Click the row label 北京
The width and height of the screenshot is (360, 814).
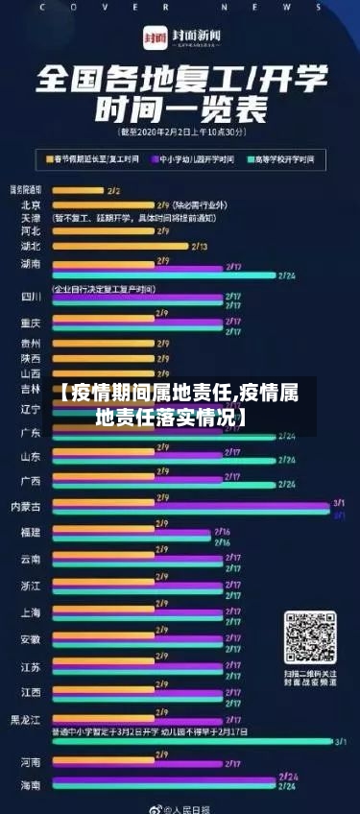point(31,204)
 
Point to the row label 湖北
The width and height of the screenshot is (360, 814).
point(31,246)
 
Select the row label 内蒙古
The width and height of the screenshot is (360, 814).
point(25,505)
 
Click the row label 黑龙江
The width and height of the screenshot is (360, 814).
point(25,719)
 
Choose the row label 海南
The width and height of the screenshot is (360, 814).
point(31,785)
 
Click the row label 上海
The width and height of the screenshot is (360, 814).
point(31,611)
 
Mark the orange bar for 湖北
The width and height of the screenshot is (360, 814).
point(120,246)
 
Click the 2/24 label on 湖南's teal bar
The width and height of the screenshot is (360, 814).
point(287,275)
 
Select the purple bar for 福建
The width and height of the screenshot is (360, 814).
point(131,532)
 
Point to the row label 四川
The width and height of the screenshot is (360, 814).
point(31,297)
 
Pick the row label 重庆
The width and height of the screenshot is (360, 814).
point(31,323)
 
